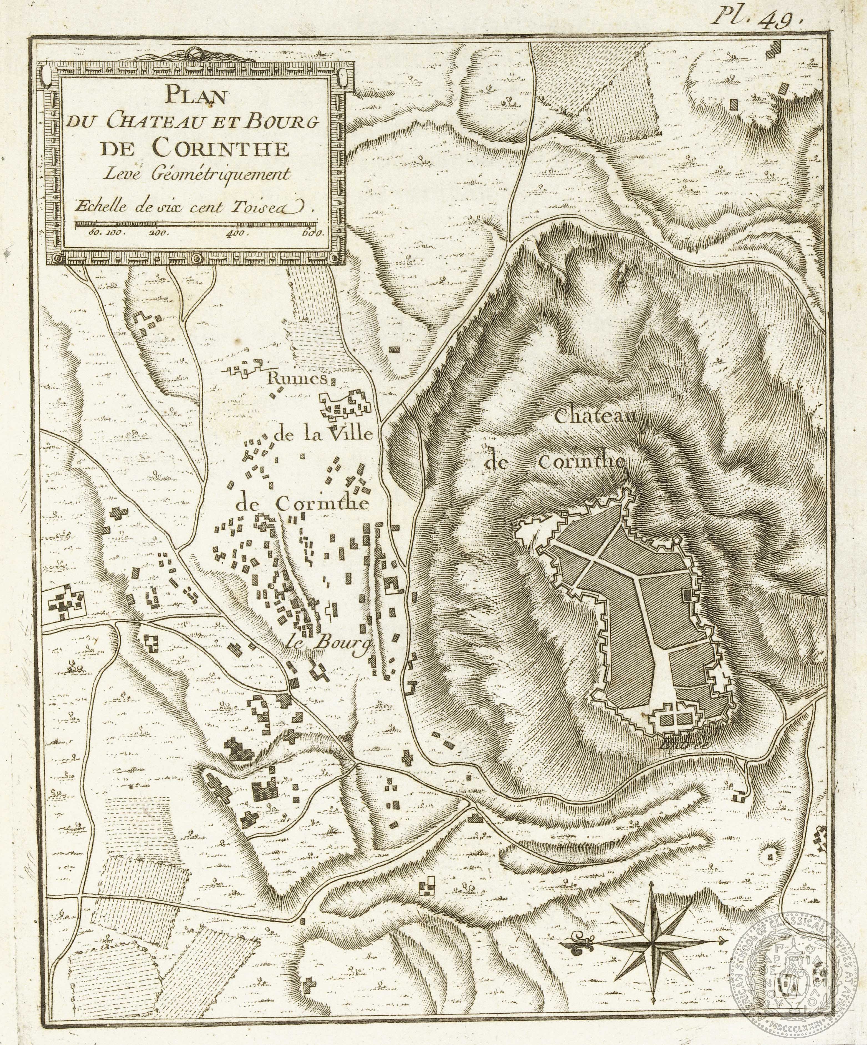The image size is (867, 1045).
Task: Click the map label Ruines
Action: [x=297, y=379]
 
